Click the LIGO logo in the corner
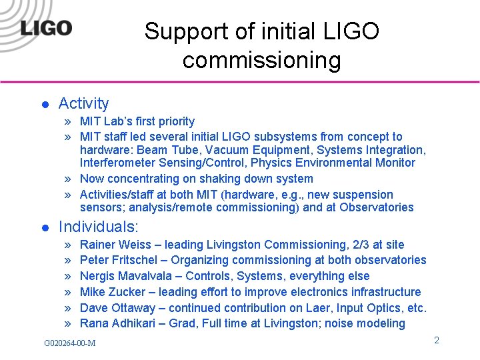(x=46, y=28)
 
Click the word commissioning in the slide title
(x=261, y=61)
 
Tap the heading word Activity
(x=83, y=103)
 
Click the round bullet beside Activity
(x=44, y=105)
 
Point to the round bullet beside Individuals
(x=44, y=227)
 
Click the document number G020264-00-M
(x=69, y=343)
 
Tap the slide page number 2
(x=436, y=340)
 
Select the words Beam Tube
(x=164, y=150)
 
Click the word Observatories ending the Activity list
(x=377, y=207)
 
